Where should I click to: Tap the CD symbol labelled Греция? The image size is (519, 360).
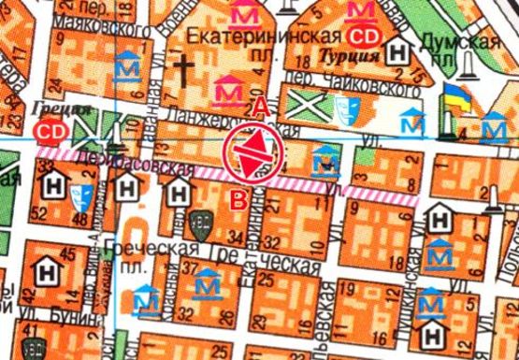pyautogui.click(x=50, y=132)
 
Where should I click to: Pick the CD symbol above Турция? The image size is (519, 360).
pyautogui.click(x=359, y=37)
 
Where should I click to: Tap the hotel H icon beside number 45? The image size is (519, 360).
pyautogui.click(x=45, y=273)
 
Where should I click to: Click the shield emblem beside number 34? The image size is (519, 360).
pyautogui.click(x=198, y=224)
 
